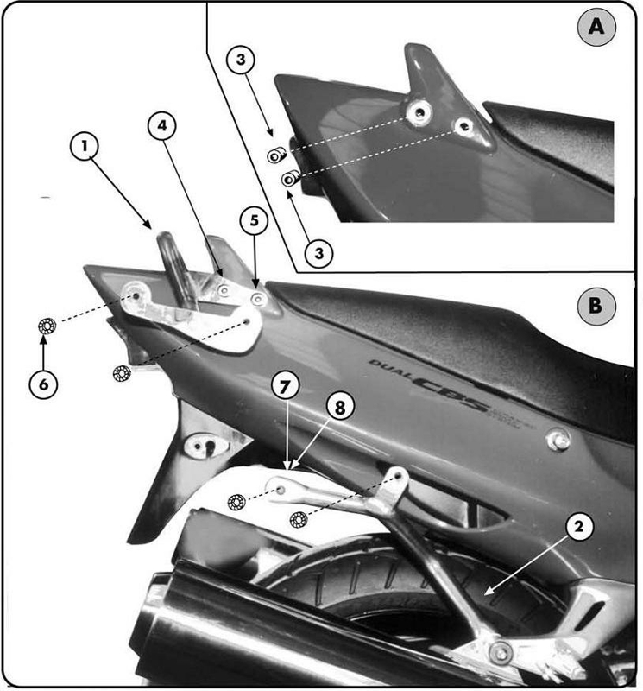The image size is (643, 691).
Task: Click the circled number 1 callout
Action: coord(85,148)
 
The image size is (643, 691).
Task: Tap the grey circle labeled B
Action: coord(596,305)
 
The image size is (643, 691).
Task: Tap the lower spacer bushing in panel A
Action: coord(291,179)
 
